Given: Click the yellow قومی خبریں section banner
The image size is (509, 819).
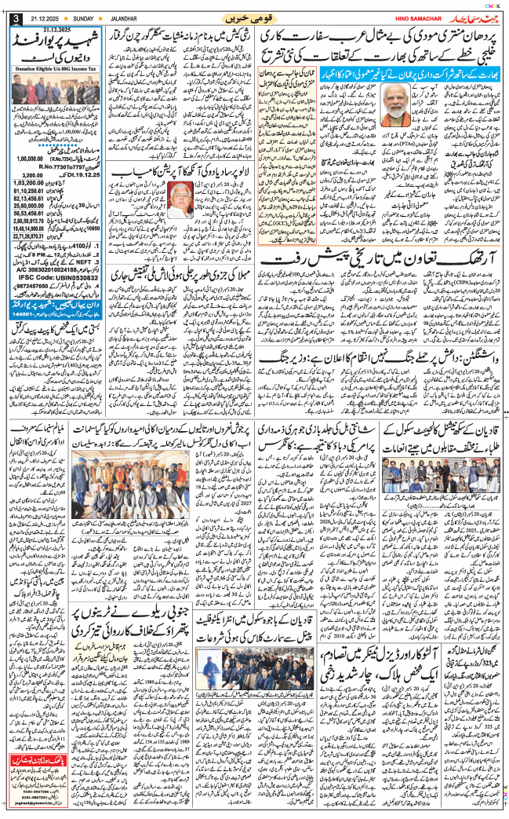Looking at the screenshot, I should pyautogui.click(x=253, y=17).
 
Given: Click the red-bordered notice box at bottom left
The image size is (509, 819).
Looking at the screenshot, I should pyautogui.click(x=53, y=793).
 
